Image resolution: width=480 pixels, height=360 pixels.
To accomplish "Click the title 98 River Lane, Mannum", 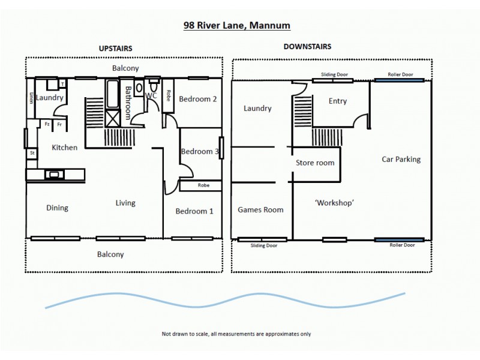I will coord(237,26).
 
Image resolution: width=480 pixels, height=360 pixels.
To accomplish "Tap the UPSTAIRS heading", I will coord(115,48).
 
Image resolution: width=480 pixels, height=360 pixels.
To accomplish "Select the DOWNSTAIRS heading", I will coord(307,46).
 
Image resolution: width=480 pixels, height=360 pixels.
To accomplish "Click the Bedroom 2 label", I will coord(198,99).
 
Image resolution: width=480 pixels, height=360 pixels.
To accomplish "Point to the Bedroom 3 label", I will coord(200,151).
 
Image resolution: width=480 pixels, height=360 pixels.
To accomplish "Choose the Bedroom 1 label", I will coord(194,211).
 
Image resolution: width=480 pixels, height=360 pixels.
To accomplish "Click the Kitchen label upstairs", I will coord(64,147).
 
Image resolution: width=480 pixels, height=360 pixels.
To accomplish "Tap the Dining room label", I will coord(57,208).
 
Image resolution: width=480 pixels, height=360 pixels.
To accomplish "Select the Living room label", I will coord(125,203).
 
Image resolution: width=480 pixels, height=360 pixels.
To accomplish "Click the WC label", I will coord(151,95).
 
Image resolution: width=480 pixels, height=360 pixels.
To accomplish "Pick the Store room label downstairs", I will coord(315,163).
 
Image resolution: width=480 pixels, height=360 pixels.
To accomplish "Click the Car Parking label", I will coord(401,159).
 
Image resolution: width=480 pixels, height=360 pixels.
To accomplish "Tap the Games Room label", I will coord(260,209).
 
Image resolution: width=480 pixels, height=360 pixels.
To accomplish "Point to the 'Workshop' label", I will coord(334,203).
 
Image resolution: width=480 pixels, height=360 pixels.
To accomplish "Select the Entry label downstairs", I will coord(338,101).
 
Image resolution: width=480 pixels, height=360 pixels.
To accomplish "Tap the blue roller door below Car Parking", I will coord(400,239).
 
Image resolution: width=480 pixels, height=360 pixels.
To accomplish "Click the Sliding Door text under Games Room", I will coord(263,245).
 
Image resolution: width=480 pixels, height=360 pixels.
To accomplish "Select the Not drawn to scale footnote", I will coord(236,334).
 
